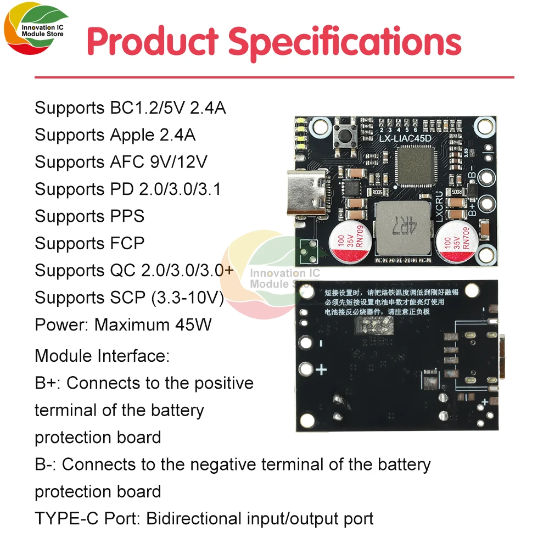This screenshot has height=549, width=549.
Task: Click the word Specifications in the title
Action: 344,42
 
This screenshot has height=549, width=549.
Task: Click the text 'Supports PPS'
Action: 89,216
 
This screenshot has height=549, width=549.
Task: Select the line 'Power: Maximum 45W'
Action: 123,324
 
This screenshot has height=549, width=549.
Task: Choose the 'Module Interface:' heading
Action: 102,355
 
